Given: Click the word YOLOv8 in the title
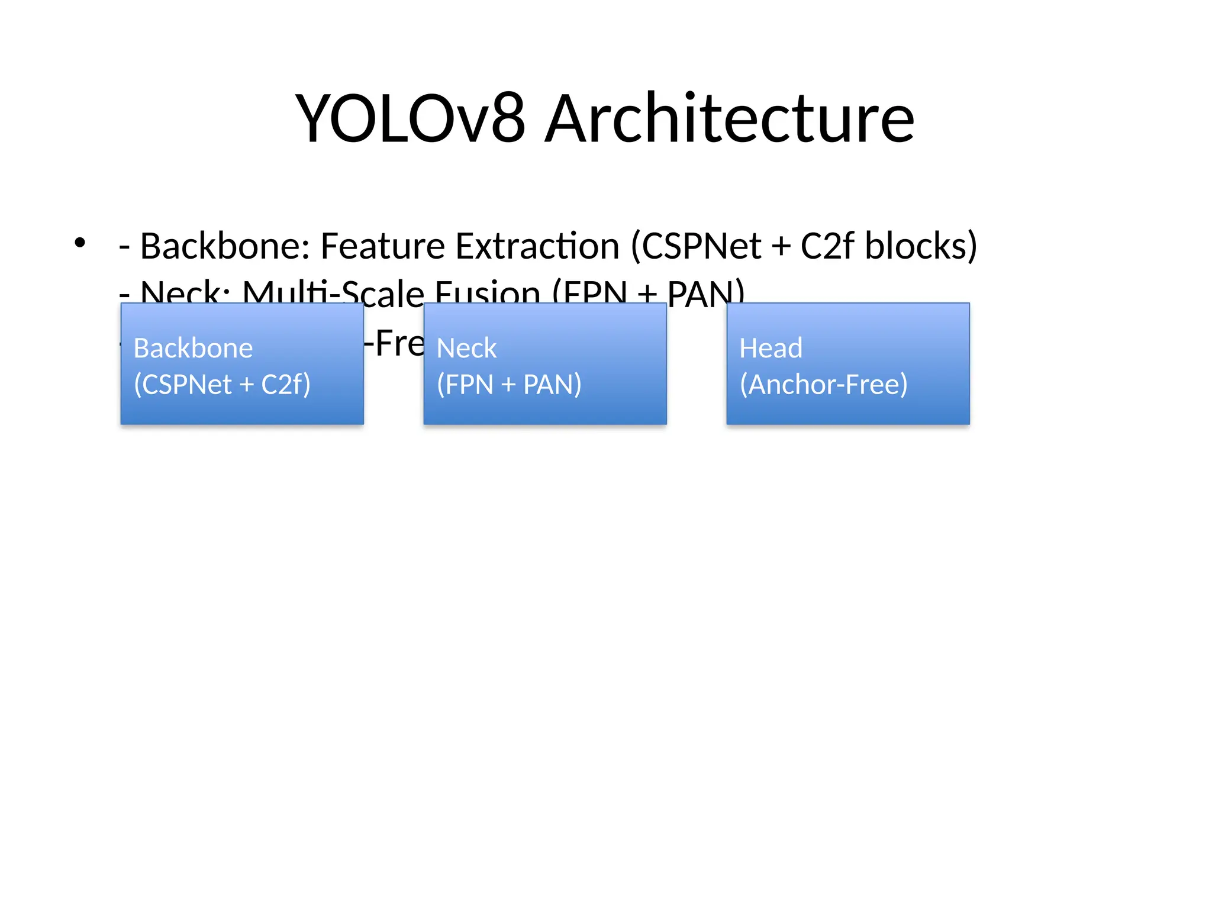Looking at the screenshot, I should click(x=410, y=120).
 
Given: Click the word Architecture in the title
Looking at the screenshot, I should click(x=729, y=120).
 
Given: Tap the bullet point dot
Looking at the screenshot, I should click(x=80, y=243).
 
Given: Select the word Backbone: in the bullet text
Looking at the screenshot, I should click(x=225, y=246).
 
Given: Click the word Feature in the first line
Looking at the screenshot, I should click(x=382, y=246).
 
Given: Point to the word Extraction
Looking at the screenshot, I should click(x=537, y=246).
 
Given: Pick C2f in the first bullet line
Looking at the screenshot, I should click(x=827, y=246).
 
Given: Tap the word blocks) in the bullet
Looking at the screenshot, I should click(x=921, y=246).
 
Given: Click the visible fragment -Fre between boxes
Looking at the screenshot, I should click(x=394, y=343).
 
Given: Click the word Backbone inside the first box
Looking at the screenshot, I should click(x=193, y=348).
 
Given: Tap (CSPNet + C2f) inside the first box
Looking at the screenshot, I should click(x=222, y=385).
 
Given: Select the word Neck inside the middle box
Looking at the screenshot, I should click(x=466, y=348).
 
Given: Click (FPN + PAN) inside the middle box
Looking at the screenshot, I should click(x=509, y=385).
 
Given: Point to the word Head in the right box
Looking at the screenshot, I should click(x=771, y=348).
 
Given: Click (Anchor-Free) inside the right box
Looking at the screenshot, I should click(x=823, y=385).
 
